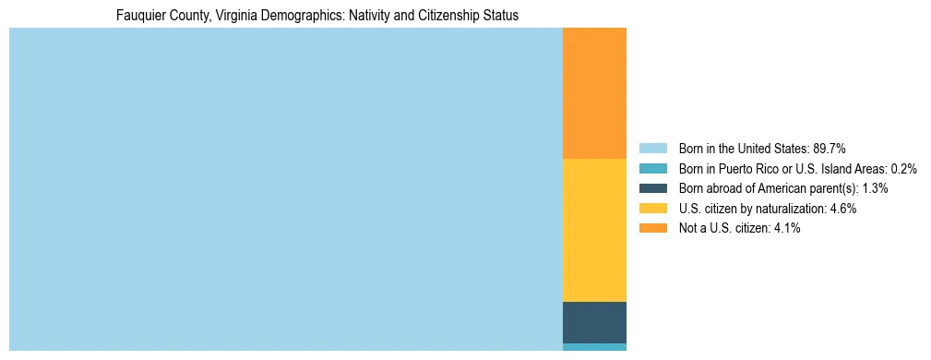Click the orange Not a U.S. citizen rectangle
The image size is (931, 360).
[x=594, y=93]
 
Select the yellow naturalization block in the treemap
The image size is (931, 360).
[x=594, y=230]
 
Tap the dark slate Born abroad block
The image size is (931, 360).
[x=594, y=322]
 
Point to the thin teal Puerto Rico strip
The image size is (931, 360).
[x=594, y=347]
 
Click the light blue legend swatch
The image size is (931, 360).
[x=652, y=149]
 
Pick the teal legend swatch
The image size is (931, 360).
[x=652, y=169]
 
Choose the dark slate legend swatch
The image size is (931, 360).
[x=652, y=188]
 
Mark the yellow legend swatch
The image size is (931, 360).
[x=652, y=209]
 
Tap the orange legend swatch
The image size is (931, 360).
[x=652, y=228]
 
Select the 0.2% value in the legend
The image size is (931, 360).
[x=904, y=169]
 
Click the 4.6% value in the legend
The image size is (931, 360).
[x=843, y=209]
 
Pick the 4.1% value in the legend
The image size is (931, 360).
[x=787, y=228]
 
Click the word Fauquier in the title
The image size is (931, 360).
[x=138, y=16]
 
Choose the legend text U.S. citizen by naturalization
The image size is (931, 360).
[x=751, y=209]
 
